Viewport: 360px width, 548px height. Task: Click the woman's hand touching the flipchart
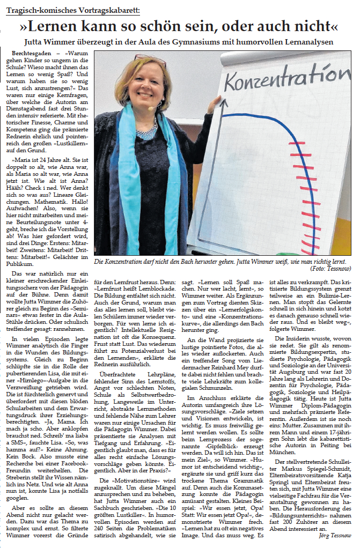[216, 102]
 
